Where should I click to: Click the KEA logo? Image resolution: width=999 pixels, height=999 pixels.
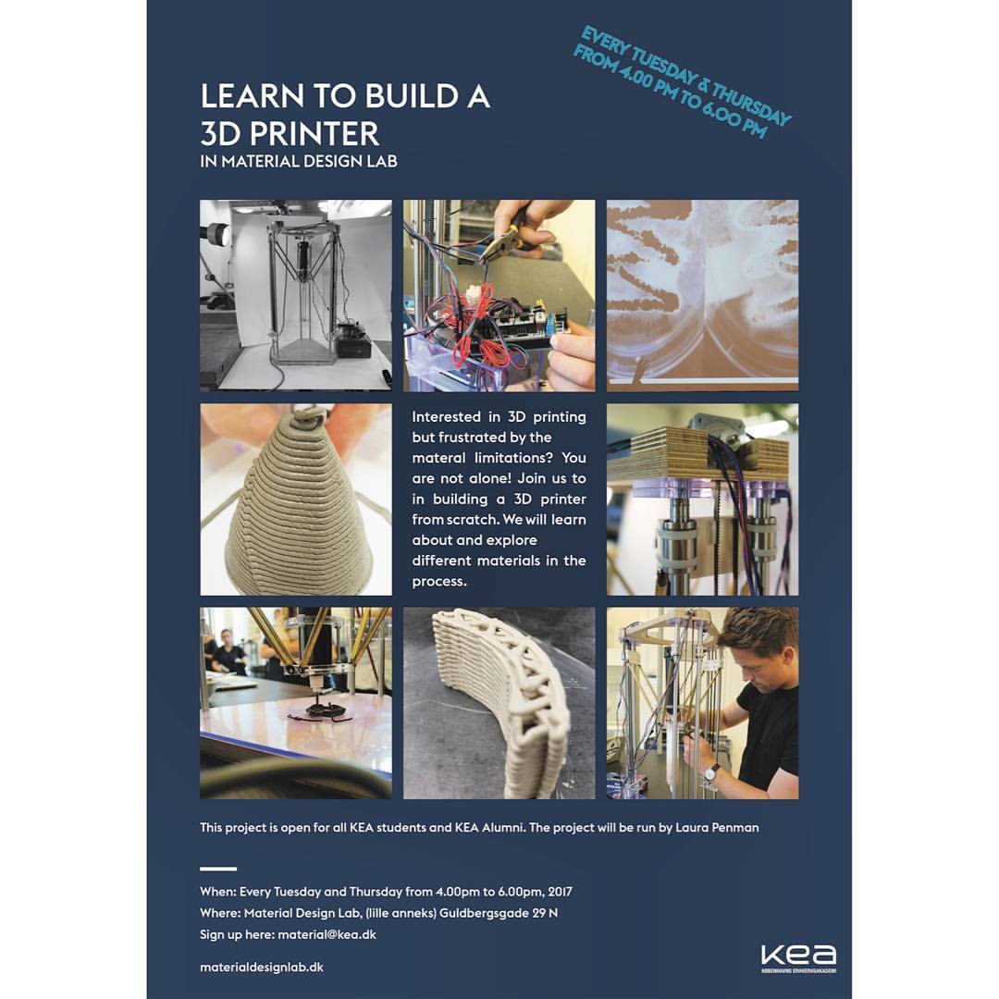798,958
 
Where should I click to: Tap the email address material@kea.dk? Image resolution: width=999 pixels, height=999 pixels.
327,934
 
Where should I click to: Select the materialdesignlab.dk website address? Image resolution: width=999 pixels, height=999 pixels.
261,968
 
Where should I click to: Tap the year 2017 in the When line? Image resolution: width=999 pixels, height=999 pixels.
560,892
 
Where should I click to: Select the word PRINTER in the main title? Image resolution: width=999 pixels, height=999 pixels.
314,134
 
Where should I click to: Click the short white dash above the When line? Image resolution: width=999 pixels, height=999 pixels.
218,869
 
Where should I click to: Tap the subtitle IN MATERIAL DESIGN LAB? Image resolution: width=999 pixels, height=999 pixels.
298,162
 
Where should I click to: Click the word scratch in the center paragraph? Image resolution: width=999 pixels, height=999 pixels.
472,519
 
